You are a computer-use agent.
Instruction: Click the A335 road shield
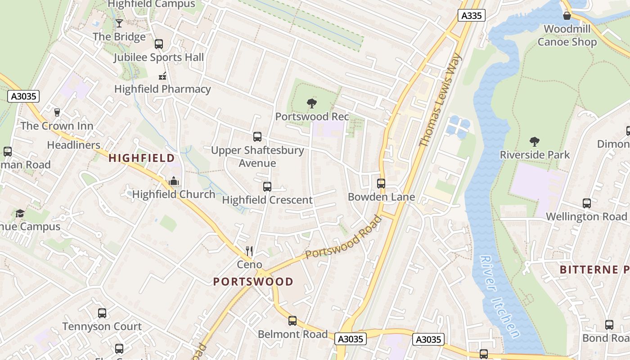[472, 15]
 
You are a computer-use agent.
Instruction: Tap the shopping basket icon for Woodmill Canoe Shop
[567, 16]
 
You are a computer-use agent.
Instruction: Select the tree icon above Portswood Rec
[311, 103]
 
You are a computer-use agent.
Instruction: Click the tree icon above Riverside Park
[535, 142]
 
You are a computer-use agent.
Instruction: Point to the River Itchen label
[499, 297]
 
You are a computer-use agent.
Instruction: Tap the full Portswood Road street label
[343, 238]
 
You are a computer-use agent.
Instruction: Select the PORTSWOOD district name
[253, 282]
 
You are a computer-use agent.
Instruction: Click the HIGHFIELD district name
[141, 158]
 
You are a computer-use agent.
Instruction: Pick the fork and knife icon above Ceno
[249, 251]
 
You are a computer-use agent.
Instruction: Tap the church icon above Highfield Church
[174, 181]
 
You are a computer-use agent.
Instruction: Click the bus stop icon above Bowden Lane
[381, 184]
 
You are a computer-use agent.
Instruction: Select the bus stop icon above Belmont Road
[292, 321]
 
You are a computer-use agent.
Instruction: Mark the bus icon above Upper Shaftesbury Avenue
[257, 137]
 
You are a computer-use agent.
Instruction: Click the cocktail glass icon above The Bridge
[119, 23]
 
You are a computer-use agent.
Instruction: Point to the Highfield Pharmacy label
[162, 89]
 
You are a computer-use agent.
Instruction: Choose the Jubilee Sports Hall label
[158, 58]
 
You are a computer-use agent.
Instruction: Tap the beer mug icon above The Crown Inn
[57, 112]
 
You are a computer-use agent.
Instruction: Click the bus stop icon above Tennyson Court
[102, 313]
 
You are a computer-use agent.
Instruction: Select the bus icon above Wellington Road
[587, 203]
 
